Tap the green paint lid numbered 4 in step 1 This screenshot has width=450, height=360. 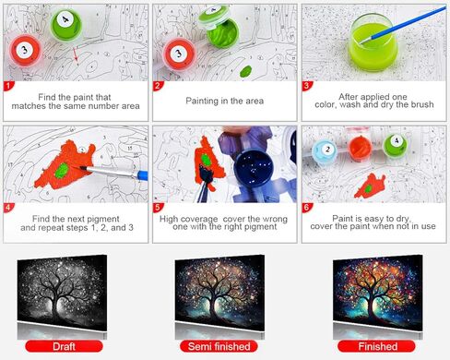coord(65,20)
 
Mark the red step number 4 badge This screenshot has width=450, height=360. coord(9,209)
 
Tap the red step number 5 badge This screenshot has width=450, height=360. coord(159,209)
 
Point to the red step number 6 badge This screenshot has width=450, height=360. coord(308,209)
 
